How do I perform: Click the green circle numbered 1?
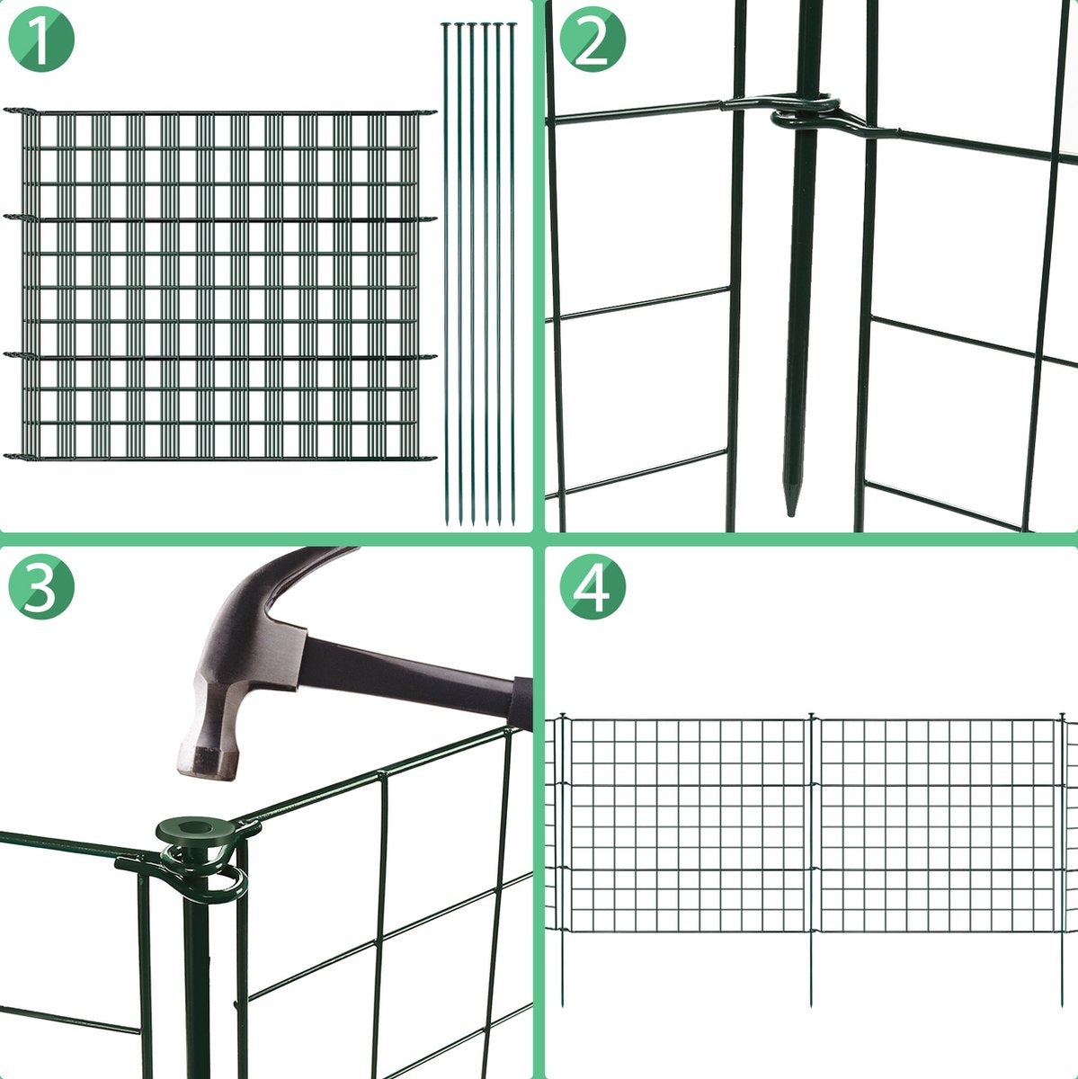pos(40,40)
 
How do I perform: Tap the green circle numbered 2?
pos(592,40)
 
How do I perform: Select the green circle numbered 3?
pos(40,587)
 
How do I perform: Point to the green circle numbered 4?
pos(592,587)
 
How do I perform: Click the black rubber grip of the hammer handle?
pos(521,703)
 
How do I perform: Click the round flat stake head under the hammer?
pos(195,831)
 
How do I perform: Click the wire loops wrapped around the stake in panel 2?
pos(806,113)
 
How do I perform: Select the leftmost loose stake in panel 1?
pos(446,274)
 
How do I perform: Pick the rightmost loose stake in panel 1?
pos(512,274)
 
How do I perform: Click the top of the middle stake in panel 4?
pos(811,717)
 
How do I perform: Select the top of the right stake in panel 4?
pos(1062,717)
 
